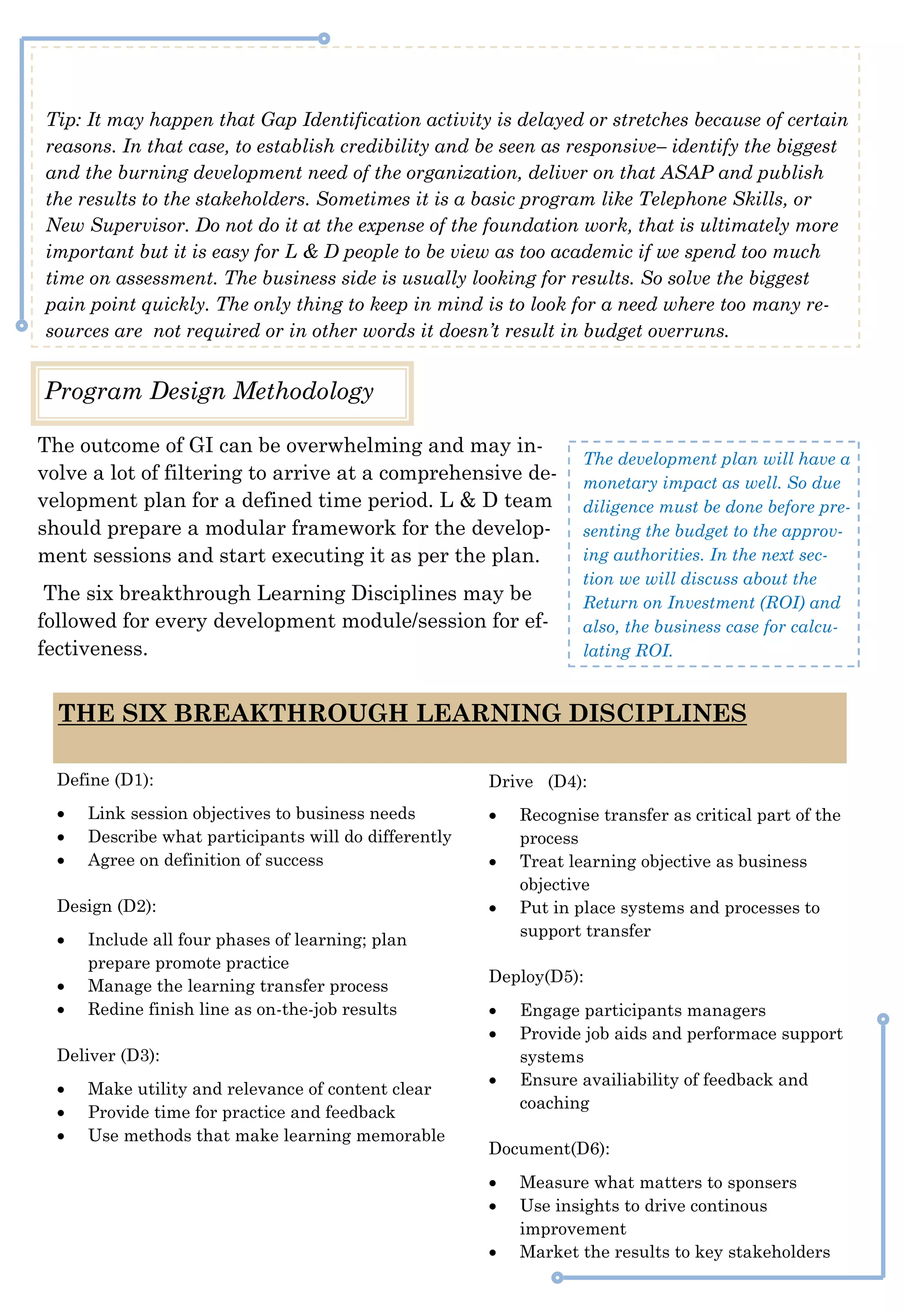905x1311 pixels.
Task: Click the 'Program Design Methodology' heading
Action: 209,391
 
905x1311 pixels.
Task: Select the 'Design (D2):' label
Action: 106,906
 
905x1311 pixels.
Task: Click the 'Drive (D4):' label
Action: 537,781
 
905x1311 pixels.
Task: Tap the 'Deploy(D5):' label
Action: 536,976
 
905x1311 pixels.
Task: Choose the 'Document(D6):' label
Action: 549,1149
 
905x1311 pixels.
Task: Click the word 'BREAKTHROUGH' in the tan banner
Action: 291,713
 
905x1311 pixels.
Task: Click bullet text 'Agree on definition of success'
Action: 205,860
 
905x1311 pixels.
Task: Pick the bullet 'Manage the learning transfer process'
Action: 238,986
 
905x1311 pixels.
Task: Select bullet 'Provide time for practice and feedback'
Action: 241,1113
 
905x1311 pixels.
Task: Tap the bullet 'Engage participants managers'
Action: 643,1010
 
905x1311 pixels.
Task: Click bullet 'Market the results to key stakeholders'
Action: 675,1252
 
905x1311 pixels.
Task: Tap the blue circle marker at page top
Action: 324,38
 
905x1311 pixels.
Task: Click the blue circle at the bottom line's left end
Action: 557,1277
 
